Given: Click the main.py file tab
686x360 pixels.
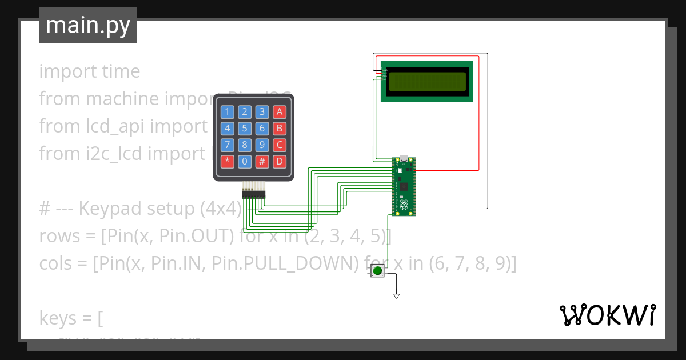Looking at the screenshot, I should [x=87, y=25].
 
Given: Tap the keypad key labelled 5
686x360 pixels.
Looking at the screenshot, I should [x=245, y=129].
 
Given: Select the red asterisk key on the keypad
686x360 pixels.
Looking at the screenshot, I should [x=228, y=161].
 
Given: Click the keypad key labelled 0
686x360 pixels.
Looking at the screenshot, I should [x=245, y=161].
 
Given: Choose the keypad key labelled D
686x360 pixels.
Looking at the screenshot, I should [x=279, y=161].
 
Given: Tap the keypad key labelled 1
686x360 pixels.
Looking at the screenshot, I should [x=228, y=112].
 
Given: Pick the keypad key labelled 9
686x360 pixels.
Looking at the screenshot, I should [x=262, y=145].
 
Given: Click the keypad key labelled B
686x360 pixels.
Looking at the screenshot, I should [x=279, y=129].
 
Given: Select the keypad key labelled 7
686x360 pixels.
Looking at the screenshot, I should [x=228, y=145].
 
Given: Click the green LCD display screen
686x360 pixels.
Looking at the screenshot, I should [x=427, y=81].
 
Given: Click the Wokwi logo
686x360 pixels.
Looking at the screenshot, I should [x=607, y=315].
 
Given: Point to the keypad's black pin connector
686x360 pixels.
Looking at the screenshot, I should [x=253, y=195].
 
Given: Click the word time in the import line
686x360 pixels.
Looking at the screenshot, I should [x=121, y=71].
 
